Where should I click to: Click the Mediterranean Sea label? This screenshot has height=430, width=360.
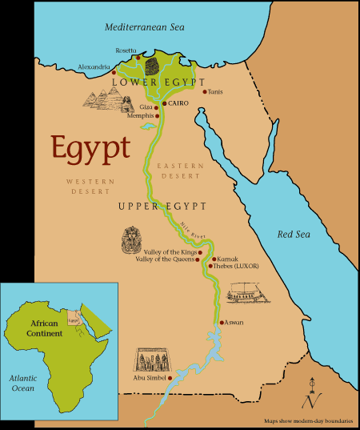click(x=143, y=28)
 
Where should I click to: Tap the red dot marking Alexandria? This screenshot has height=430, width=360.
click(x=114, y=73)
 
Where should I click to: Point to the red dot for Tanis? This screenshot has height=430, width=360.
click(x=205, y=92)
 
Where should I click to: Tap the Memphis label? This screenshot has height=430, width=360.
click(x=139, y=116)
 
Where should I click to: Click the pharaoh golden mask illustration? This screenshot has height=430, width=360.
click(x=132, y=238)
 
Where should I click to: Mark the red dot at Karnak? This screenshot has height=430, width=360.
click(x=214, y=259)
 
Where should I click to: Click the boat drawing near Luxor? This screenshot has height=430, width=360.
click(x=249, y=295)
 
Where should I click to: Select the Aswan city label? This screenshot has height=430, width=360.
click(x=235, y=323)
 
